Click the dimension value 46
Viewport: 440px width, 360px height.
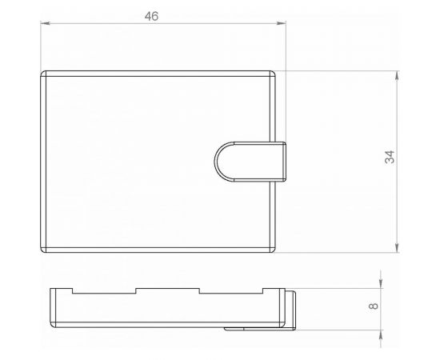click(x=151, y=16)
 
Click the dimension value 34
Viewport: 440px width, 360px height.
click(x=390, y=157)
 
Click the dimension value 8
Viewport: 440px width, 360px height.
click(x=374, y=306)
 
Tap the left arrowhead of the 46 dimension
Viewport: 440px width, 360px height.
click(x=45, y=23)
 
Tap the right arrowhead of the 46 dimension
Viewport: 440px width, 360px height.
click(x=282, y=23)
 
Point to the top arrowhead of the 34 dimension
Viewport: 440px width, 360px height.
click(x=397, y=75)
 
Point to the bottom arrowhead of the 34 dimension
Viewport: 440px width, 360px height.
click(x=397, y=248)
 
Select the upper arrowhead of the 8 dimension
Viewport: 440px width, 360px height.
click(x=381, y=284)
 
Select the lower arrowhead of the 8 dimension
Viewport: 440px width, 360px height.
click(x=381, y=334)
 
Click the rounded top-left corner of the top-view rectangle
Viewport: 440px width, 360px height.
click(x=42, y=73)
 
